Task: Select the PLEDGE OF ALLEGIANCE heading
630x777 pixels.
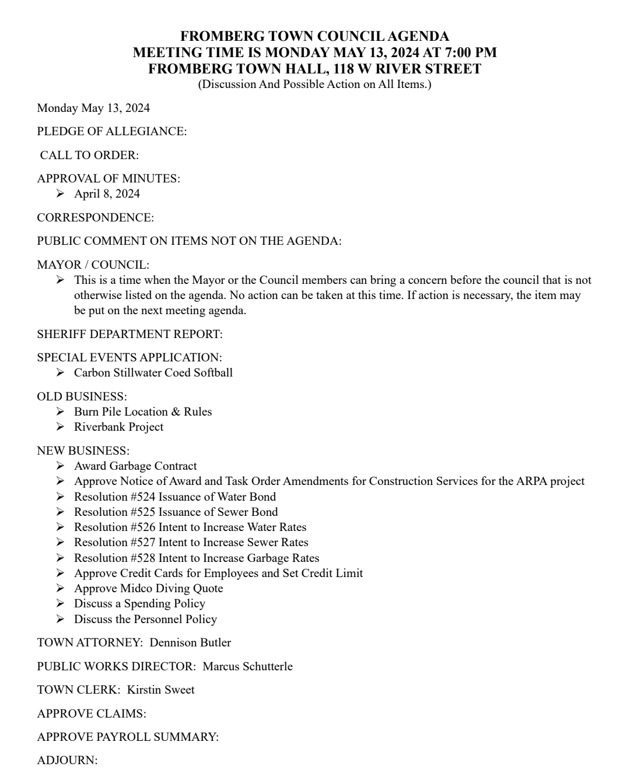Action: [x=111, y=132]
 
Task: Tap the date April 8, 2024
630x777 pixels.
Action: [x=107, y=194]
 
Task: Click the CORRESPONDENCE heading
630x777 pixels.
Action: [x=95, y=217]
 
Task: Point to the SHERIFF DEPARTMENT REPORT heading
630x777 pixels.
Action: [x=129, y=334]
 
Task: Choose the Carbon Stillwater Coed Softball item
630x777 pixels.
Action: [x=153, y=372]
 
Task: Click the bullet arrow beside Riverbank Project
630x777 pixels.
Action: [x=60, y=427]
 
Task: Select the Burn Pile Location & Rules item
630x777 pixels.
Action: [x=143, y=412]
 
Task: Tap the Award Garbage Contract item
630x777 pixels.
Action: [x=135, y=466]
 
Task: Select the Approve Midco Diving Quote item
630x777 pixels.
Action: [x=148, y=588]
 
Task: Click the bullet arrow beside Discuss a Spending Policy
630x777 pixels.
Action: [x=60, y=603]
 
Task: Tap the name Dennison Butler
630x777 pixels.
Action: [x=190, y=642]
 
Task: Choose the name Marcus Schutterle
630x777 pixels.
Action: [x=247, y=666]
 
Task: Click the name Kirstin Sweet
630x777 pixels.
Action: [x=161, y=690]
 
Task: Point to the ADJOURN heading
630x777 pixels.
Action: [x=67, y=760]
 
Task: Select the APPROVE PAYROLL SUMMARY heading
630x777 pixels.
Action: [x=128, y=737]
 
